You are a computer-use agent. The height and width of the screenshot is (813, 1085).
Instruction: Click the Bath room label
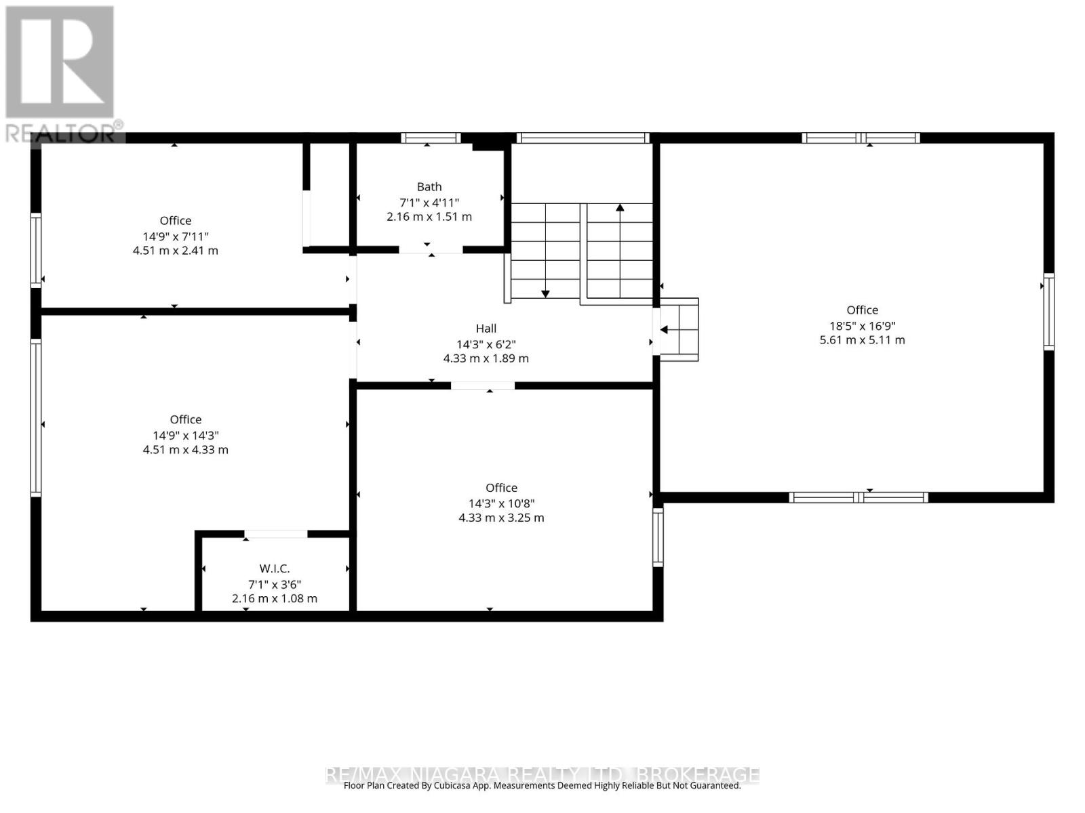click(429, 186)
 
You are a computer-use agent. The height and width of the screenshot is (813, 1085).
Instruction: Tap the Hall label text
click(486, 329)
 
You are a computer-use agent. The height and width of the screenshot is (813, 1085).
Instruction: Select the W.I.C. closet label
click(275, 568)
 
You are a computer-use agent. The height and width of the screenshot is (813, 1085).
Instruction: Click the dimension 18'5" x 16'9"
click(862, 326)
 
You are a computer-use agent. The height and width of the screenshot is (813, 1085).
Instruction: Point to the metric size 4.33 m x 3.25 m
click(500, 518)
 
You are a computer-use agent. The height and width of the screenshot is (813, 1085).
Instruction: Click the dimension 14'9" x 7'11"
click(176, 236)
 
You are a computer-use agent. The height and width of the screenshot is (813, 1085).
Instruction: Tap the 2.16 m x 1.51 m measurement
click(429, 217)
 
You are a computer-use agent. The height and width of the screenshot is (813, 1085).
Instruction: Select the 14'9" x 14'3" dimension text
click(185, 436)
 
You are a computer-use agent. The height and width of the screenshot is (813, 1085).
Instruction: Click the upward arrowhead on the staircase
click(619, 207)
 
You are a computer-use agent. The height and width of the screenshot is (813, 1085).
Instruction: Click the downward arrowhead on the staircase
click(545, 294)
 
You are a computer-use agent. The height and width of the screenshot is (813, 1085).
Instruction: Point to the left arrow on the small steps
click(664, 329)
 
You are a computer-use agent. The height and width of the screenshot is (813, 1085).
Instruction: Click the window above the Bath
click(430, 138)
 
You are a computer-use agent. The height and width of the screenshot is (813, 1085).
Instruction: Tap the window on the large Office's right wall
click(1048, 312)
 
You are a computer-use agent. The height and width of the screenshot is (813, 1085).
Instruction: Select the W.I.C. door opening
click(275, 534)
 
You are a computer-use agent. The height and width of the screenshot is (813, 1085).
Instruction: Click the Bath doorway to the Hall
click(431, 250)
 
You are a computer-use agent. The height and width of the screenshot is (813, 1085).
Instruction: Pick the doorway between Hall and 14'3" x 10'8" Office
click(482, 385)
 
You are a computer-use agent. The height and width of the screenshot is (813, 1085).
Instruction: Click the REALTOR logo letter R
click(59, 62)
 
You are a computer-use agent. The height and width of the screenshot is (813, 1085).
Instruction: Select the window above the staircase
click(583, 138)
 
